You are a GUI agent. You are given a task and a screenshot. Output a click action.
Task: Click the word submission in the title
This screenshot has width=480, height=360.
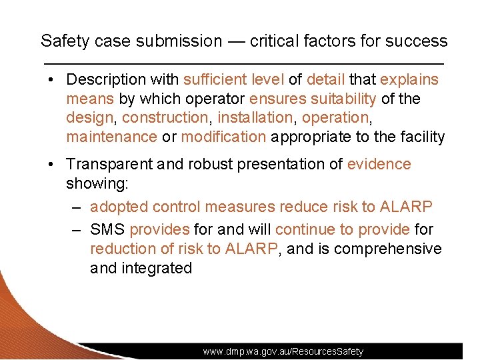(179, 41)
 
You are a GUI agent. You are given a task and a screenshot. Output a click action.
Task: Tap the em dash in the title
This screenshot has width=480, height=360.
(236, 41)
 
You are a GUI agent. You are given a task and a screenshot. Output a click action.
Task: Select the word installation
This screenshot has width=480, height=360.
(256, 117)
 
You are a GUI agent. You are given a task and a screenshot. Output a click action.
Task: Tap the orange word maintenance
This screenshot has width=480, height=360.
(111, 137)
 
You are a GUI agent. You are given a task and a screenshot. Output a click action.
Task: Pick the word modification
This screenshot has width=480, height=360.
(223, 137)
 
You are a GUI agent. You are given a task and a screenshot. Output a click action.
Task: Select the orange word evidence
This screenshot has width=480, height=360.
(379, 164)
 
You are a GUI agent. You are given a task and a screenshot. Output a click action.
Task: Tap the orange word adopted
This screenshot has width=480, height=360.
(115, 207)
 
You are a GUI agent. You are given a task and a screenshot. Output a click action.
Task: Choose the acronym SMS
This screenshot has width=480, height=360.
(107, 229)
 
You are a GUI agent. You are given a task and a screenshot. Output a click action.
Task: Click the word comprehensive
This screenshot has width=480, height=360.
(387, 249)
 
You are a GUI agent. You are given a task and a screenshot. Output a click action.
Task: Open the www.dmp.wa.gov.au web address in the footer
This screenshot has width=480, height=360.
(283, 351)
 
